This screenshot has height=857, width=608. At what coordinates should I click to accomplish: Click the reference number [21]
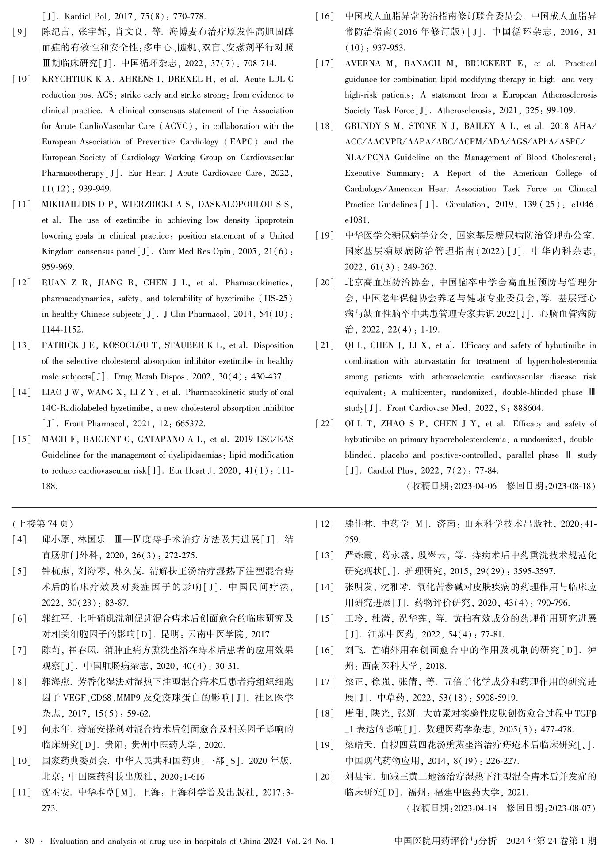coord(325,345)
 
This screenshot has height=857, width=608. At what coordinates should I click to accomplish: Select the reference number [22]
coord(325,424)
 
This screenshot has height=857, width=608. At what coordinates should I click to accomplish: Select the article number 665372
coord(191,424)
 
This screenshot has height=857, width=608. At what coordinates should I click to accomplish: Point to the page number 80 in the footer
coord(29,841)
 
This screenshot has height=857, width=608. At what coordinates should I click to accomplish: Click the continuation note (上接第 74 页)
coord(42,524)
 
